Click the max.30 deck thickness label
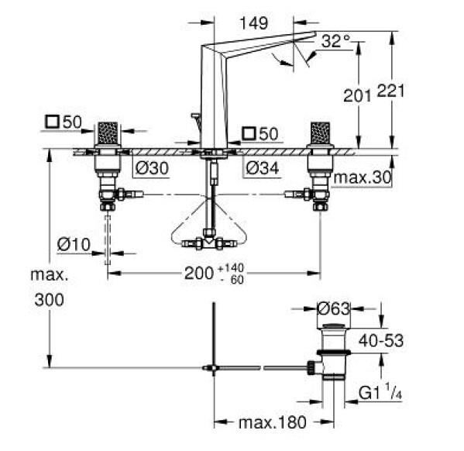[x=362, y=177]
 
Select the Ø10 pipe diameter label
[x=74, y=245]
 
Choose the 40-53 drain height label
[x=380, y=340]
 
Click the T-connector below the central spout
[x=208, y=242]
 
